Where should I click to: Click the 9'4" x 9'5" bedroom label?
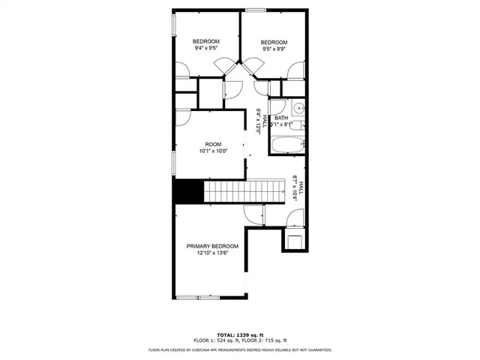[x=205, y=48]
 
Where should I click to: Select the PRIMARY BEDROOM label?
[x=212, y=246]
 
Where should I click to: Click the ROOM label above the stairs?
[x=214, y=144]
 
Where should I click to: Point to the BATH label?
[x=281, y=118]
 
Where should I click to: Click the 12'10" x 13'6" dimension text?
[x=212, y=253]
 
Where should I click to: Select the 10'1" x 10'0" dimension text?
[x=214, y=151]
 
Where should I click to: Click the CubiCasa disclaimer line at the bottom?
[x=240, y=349]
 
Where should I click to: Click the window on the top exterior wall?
[x=256, y=10]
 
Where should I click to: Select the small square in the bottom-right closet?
[x=294, y=241]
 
